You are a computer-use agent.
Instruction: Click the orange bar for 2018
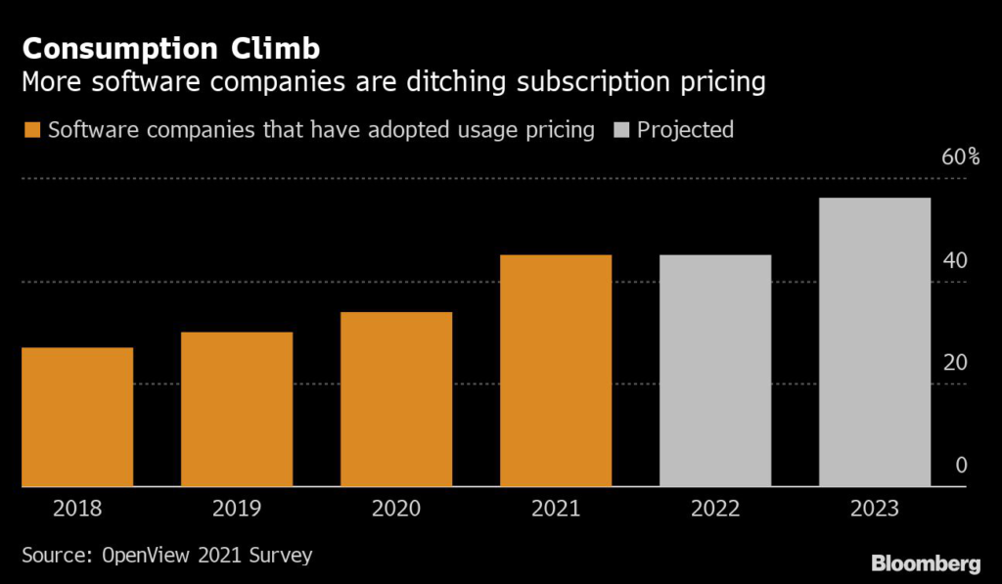77,417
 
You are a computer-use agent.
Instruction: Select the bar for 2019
237,409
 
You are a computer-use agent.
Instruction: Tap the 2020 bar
396,399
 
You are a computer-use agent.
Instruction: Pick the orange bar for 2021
556,371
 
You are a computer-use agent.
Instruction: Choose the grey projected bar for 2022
715,371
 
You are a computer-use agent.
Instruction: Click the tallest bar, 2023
875,342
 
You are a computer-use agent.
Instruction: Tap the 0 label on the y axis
961,465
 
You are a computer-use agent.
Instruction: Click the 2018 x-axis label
77,509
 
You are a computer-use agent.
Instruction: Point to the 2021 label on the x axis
556,509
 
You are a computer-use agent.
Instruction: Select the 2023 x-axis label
875,509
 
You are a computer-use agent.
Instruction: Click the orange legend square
31,130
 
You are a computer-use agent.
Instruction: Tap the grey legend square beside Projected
620,130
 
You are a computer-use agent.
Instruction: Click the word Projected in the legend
685,129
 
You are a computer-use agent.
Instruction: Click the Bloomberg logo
926,563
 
